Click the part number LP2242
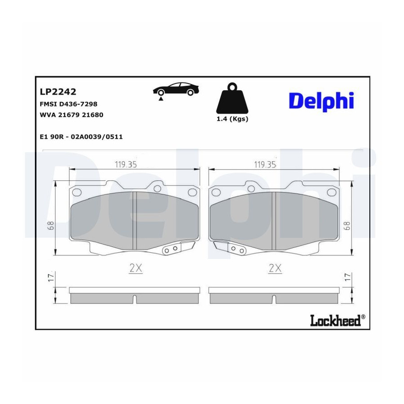click(58, 92)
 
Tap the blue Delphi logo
click(321, 101)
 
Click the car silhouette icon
click(176, 89)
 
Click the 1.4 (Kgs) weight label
click(233, 119)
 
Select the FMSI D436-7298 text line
click(69, 104)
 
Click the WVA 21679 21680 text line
click(71, 114)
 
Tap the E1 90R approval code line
click(81, 136)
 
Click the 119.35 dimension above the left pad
click(126, 164)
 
